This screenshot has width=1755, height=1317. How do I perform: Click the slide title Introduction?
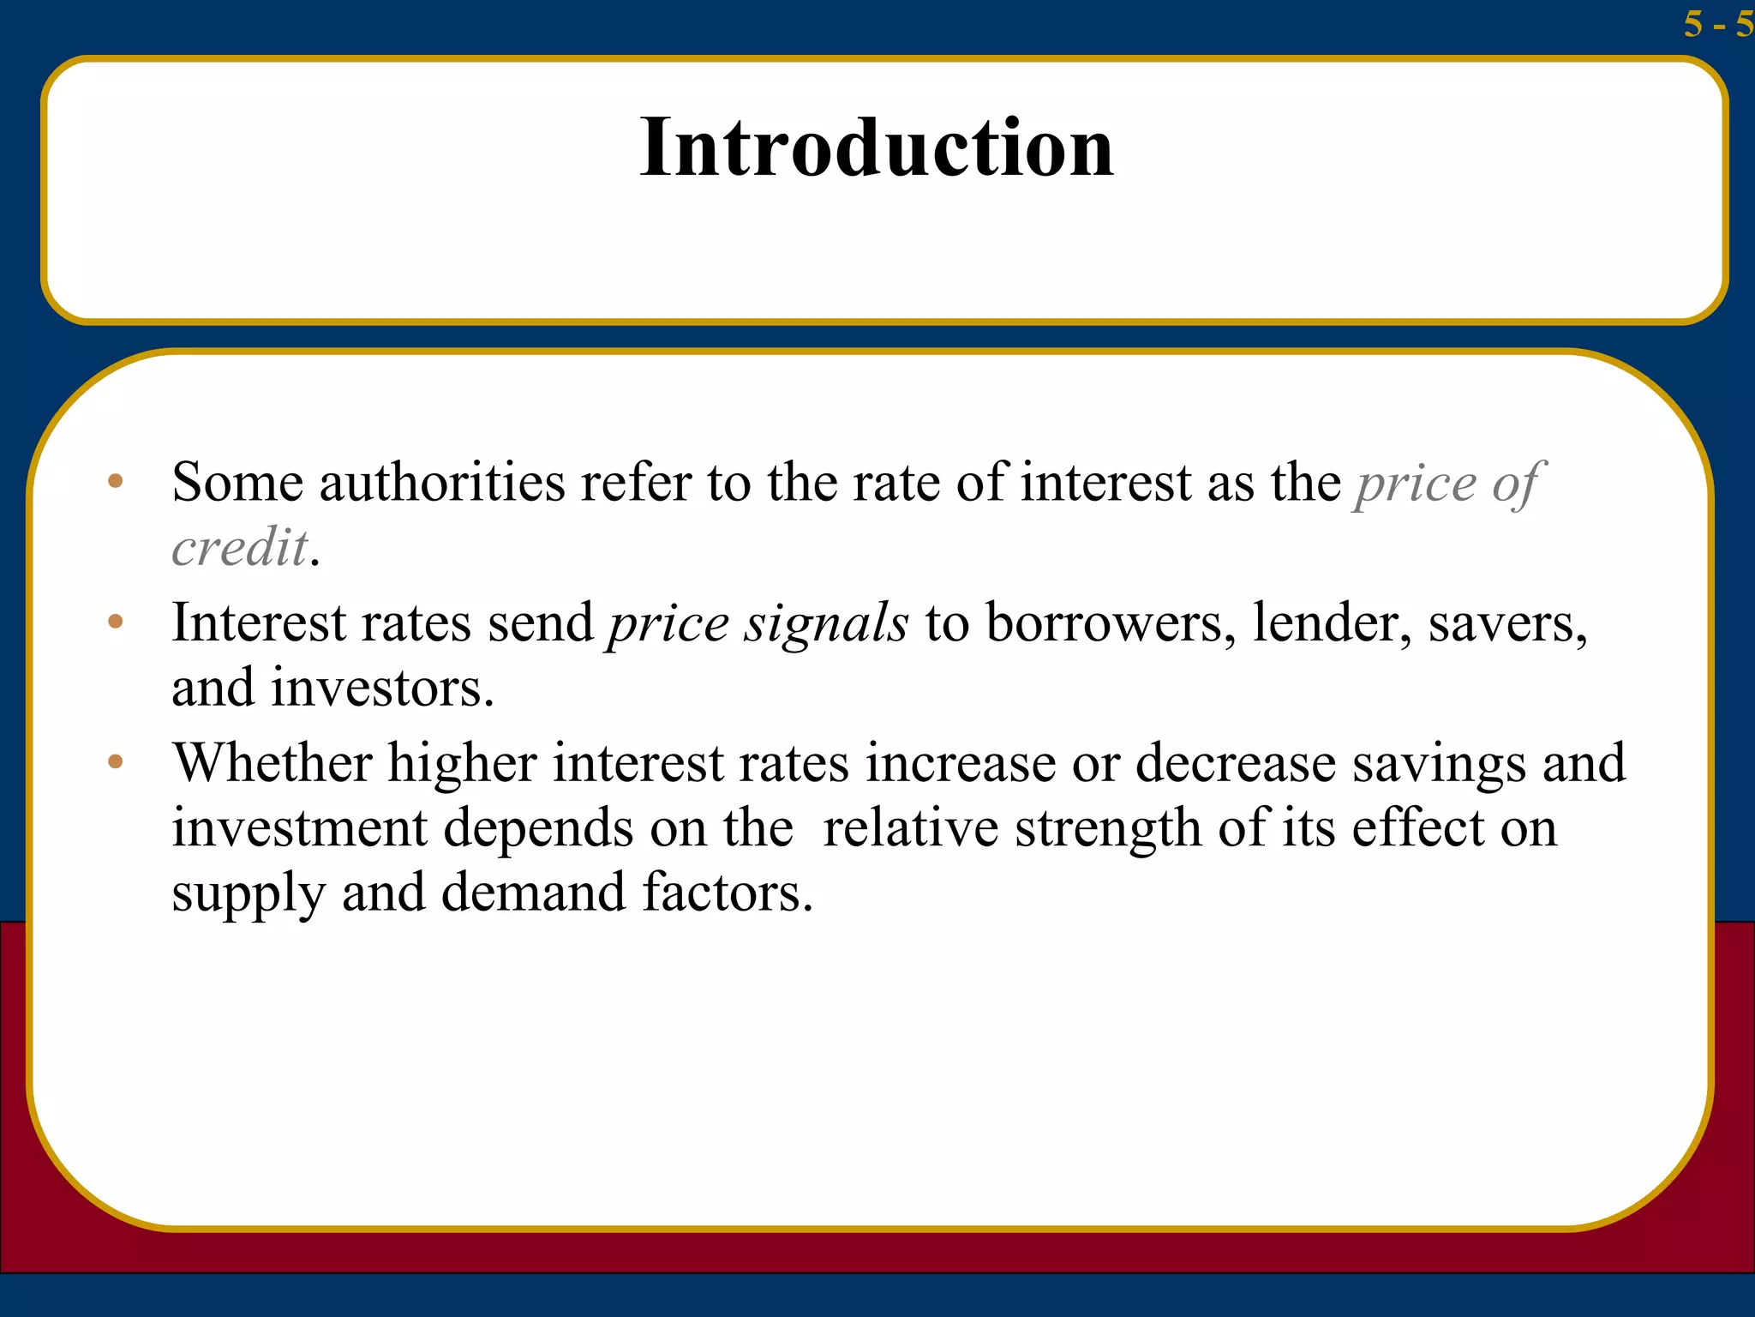pyautogui.click(x=877, y=147)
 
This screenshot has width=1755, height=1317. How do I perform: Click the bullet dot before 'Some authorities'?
pyautogui.click(x=116, y=481)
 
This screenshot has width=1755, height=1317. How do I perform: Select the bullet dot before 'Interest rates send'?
pyautogui.click(x=116, y=621)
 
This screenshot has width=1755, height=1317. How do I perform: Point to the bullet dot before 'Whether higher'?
pyautogui.click(x=116, y=761)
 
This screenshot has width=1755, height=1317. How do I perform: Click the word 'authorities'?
pyautogui.click(x=442, y=482)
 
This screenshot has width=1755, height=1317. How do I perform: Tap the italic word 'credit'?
pyautogui.click(x=240, y=547)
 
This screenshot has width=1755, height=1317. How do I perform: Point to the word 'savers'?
pyautogui.click(x=1503, y=623)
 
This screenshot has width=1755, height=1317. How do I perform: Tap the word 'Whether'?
pyautogui.click(x=273, y=762)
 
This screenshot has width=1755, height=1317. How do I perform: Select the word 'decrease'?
pyautogui.click(x=1235, y=762)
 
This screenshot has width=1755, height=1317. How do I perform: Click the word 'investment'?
pyautogui.click(x=299, y=827)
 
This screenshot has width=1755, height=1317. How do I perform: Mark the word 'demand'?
pyautogui.click(x=533, y=893)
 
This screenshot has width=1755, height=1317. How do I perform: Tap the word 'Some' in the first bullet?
pyautogui.click(x=237, y=482)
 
